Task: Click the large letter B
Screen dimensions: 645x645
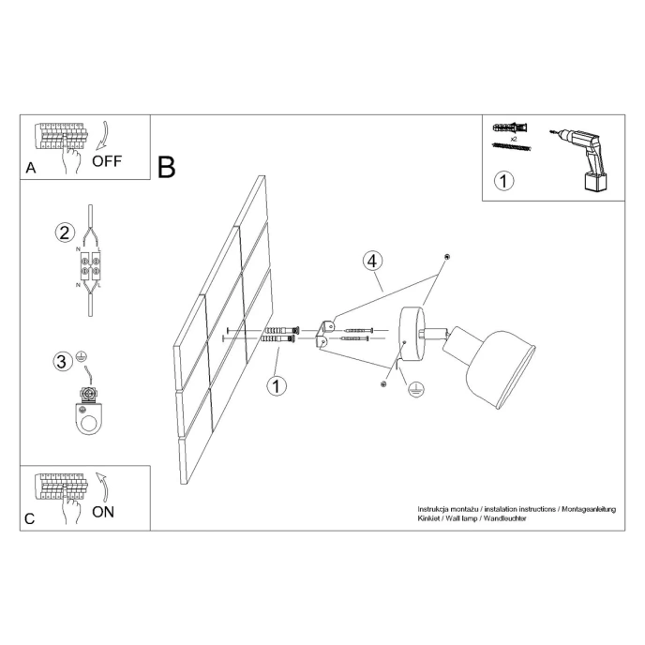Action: [x=167, y=167]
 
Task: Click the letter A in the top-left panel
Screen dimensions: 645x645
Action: [x=31, y=169]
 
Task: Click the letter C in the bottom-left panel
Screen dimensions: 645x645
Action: [x=31, y=518]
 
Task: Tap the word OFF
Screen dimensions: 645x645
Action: [x=107, y=160]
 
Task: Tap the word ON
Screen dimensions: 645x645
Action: [x=103, y=511]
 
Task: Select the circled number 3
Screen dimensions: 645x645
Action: [x=62, y=361]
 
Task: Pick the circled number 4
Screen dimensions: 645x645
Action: [x=372, y=260]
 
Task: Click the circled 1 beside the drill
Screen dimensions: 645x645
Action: [x=504, y=181]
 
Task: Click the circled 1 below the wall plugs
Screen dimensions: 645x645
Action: [x=277, y=385]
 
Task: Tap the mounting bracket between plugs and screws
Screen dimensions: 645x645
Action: [x=324, y=334]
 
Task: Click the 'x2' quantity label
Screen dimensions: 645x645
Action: [x=514, y=137]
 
